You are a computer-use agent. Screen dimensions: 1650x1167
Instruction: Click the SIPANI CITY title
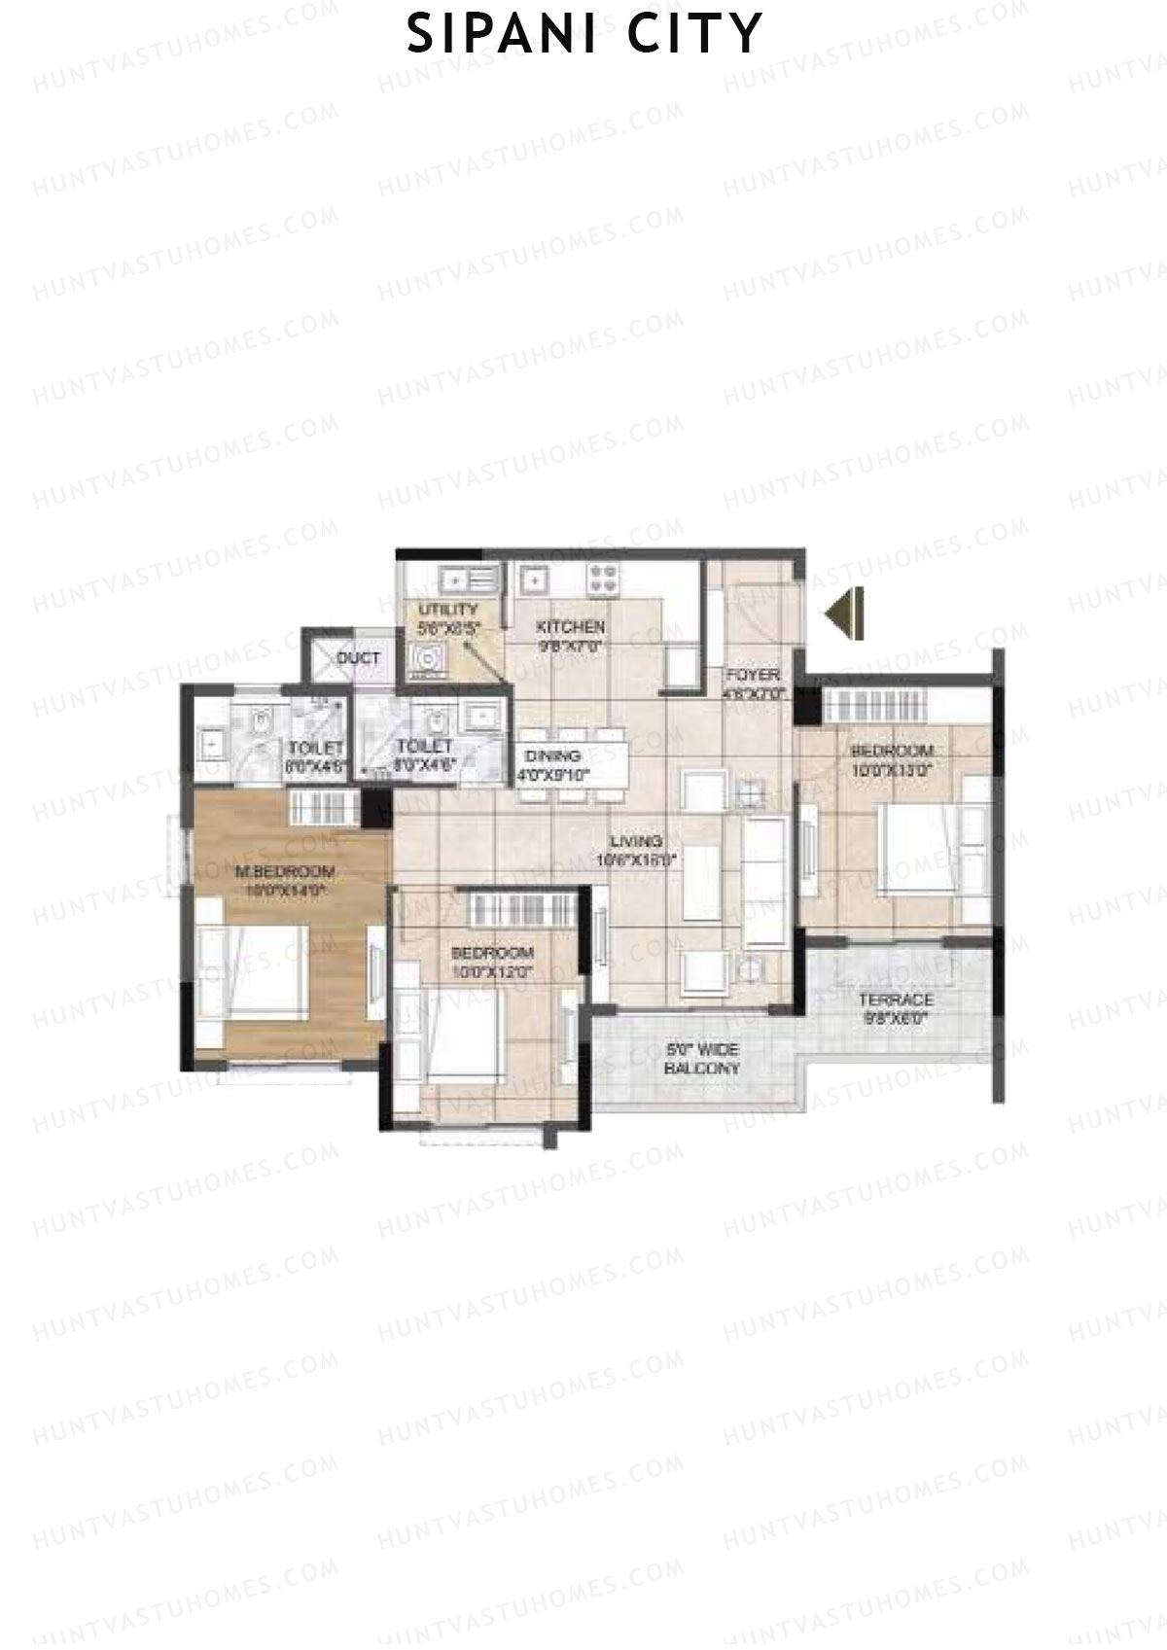(583, 35)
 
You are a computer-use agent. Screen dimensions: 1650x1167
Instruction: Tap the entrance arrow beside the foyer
(844, 614)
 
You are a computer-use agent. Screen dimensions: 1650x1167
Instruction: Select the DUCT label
(358, 658)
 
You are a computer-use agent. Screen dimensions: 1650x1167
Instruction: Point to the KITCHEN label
(571, 627)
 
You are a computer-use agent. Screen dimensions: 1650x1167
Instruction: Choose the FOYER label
(752, 675)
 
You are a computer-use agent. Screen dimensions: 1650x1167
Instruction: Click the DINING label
(552, 755)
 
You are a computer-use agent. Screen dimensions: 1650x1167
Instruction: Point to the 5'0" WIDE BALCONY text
(702, 1059)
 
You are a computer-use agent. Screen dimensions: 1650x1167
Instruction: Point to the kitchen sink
(532, 580)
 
